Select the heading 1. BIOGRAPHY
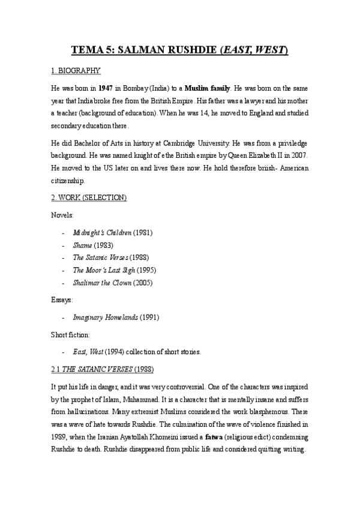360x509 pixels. [x=76, y=71]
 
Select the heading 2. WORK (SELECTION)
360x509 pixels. [x=89, y=197]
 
